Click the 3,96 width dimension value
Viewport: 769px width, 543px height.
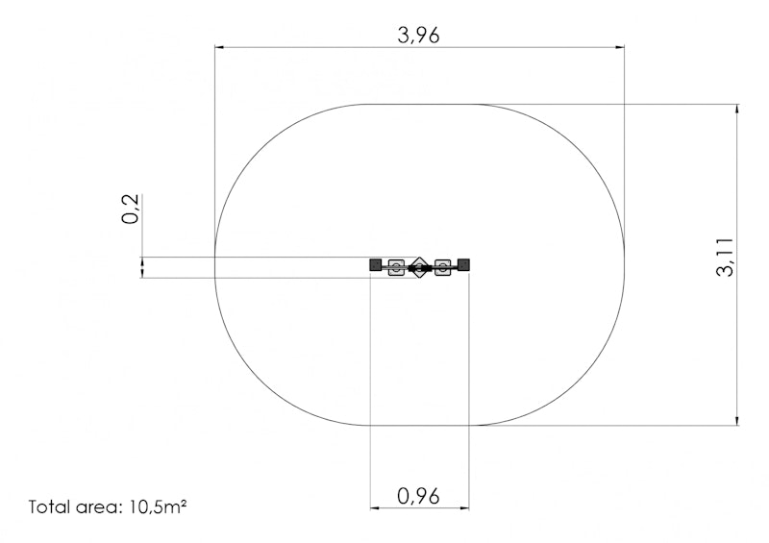tap(418, 36)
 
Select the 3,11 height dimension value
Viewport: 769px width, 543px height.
tap(726, 258)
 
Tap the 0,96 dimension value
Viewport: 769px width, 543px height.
tap(418, 497)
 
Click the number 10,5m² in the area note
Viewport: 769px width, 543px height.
tap(158, 506)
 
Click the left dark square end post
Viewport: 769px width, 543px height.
tap(376, 265)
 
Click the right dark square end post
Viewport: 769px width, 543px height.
tap(463, 265)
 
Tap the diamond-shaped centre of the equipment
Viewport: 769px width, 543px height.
tap(419, 267)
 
